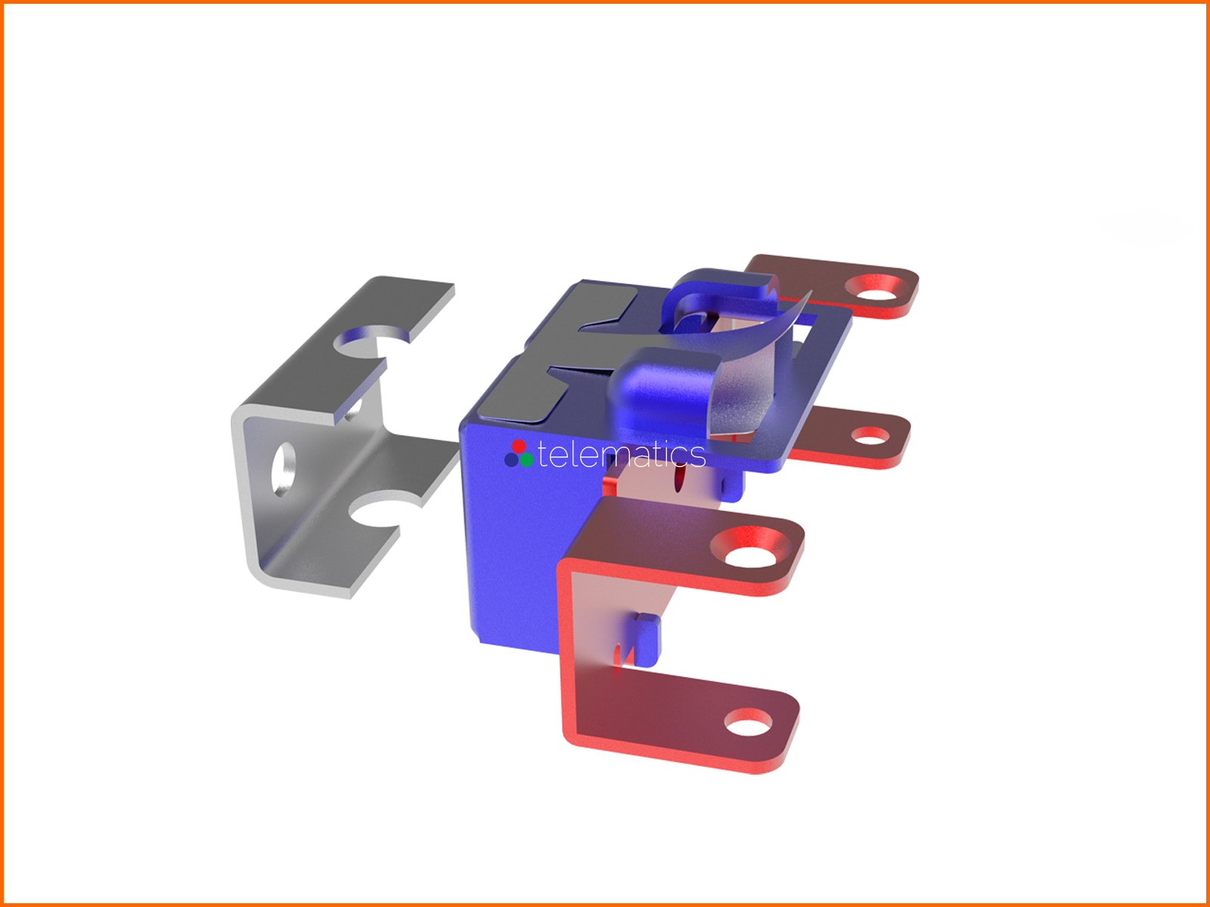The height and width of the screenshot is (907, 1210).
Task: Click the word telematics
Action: point(622,455)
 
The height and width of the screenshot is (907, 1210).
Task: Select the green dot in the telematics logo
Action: point(526,460)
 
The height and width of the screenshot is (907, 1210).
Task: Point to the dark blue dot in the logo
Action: point(511,460)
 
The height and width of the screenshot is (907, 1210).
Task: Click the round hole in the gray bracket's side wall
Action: point(284,469)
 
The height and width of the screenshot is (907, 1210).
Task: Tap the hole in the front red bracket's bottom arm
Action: point(748,723)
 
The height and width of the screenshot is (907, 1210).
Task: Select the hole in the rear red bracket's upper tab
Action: point(877,287)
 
